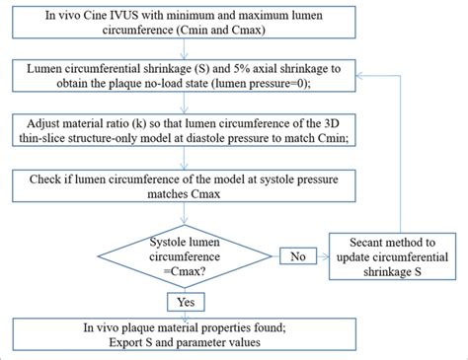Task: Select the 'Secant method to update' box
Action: pos(394,254)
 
